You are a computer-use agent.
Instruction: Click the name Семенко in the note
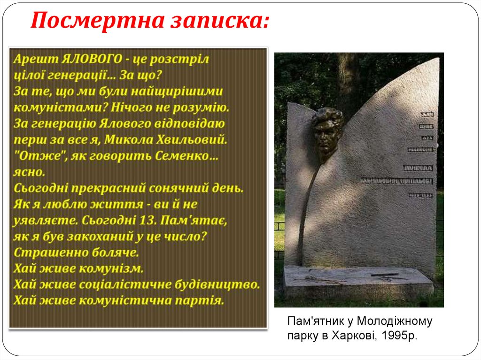pos(190,156)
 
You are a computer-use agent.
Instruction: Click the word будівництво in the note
pos(217,284)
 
